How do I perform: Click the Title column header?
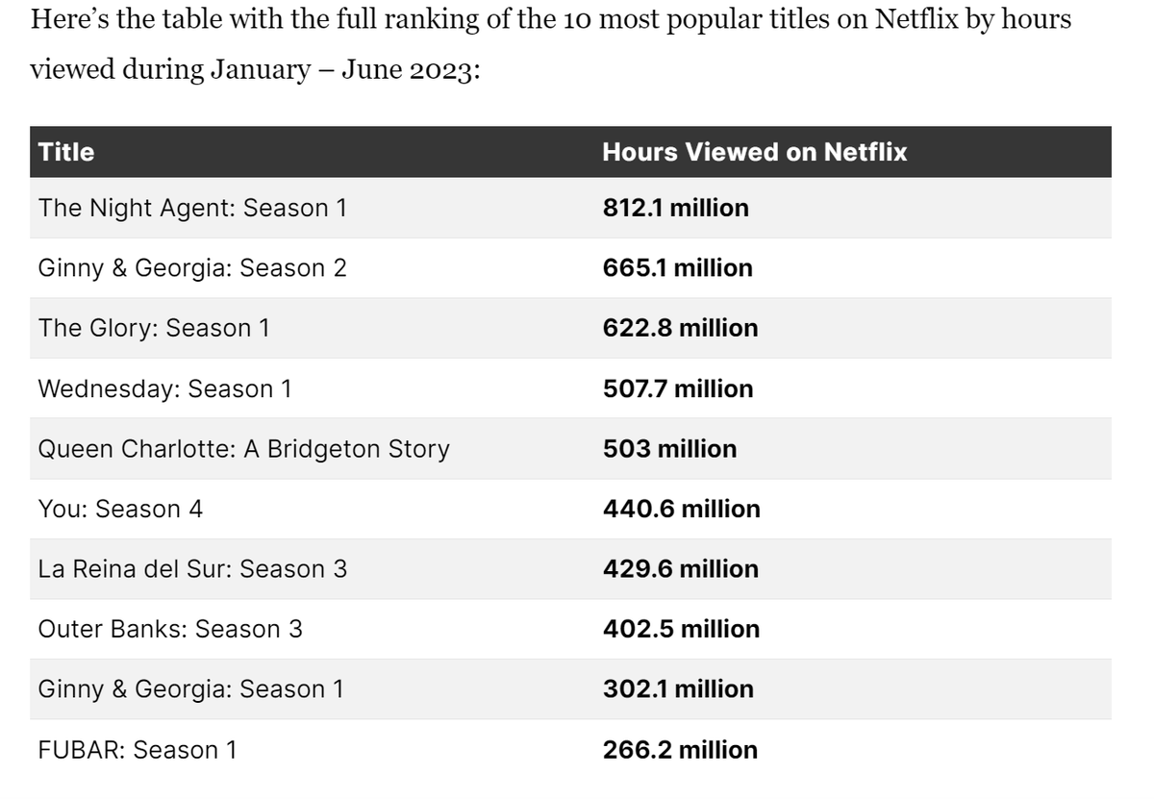(66, 152)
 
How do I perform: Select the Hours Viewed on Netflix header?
(754, 152)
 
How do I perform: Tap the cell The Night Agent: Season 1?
(192, 208)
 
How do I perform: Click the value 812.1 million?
(675, 208)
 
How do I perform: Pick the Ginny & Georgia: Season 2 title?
(192, 268)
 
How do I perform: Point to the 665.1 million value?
(677, 268)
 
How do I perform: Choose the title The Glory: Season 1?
(154, 328)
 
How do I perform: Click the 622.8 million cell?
(680, 328)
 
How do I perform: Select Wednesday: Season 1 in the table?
(164, 388)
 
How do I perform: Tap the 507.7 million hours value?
(678, 388)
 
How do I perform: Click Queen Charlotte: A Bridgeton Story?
(243, 449)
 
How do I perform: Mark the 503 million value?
(669, 449)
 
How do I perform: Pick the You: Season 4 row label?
(120, 509)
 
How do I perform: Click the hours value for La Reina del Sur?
(681, 569)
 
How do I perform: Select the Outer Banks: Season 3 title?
(170, 629)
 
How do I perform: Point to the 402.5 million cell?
(681, 629)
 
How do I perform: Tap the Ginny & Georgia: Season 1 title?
(190, 689)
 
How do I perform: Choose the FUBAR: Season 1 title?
(137, 750)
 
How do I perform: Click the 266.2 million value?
(680, 750)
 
